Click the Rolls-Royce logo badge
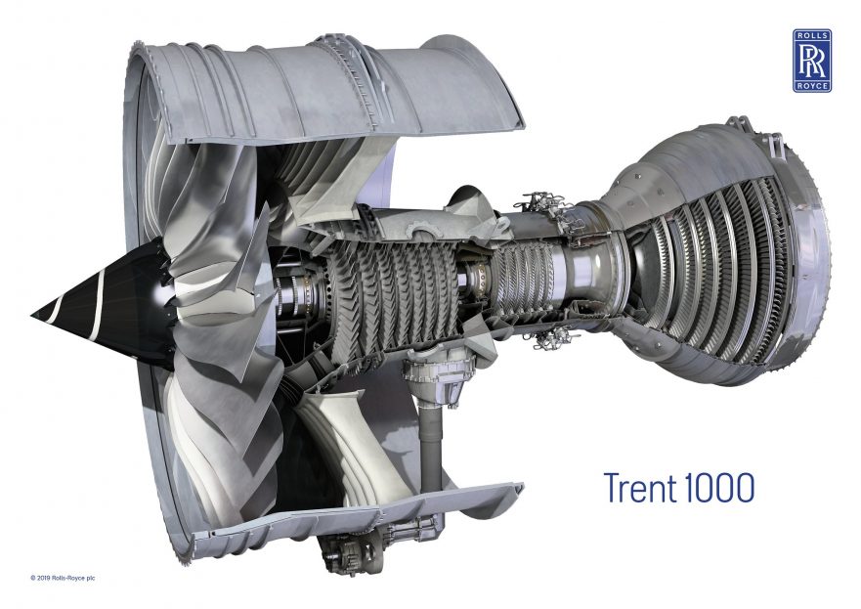(811, 61)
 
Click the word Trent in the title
(641, 487)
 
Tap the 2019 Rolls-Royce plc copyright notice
(63, 578)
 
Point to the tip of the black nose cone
(32, 315)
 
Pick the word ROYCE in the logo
(811, 86)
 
